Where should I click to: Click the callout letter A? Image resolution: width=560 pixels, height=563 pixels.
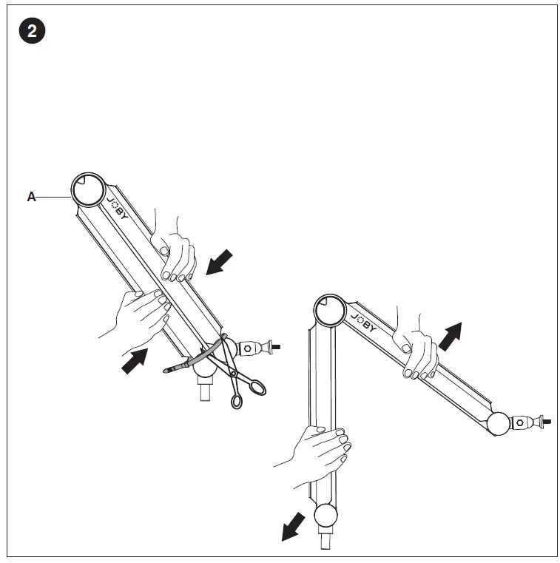pos(31,197)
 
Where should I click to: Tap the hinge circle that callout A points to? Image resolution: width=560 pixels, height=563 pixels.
pos(89,192)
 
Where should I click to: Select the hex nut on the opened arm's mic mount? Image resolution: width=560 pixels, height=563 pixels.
pos(521,423)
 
